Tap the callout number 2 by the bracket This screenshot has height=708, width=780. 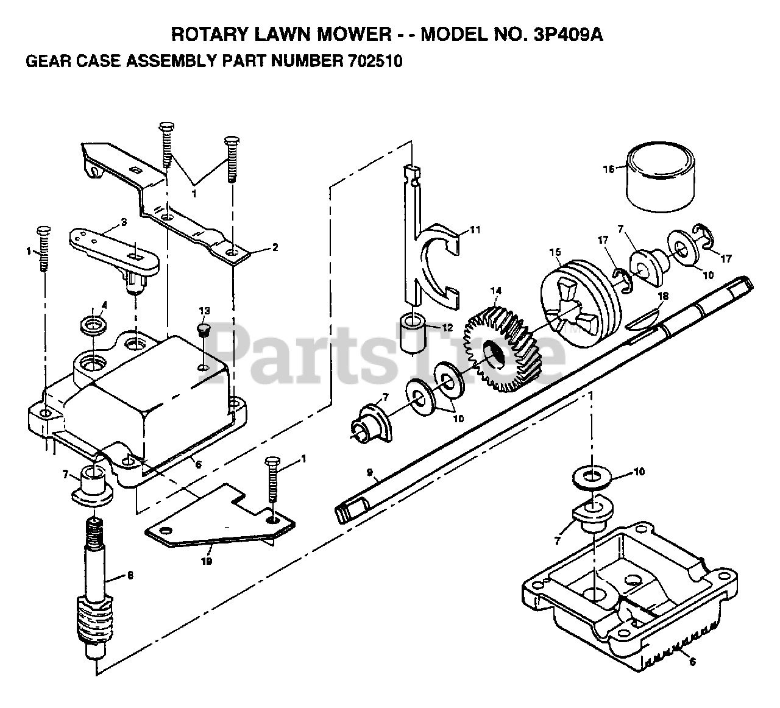[x=275, y=247]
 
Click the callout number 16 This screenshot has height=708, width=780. [x=608, y=169]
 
